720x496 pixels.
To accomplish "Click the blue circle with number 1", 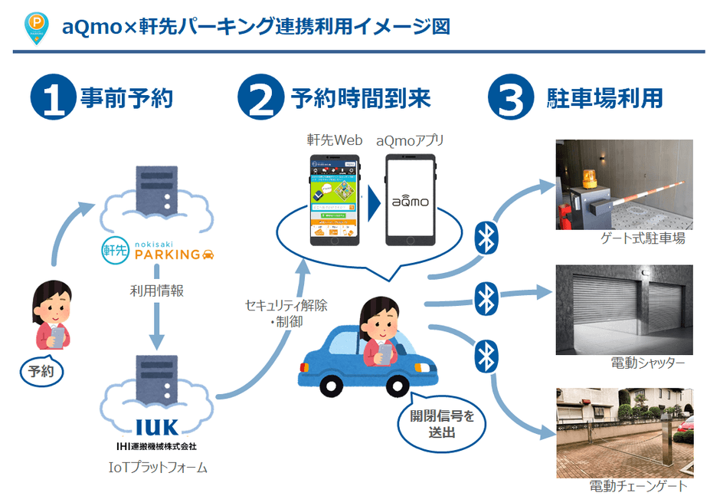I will tap(53, 98).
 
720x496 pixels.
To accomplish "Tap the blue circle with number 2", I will tap(260, 98).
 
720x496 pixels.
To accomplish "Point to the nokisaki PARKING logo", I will tap(158, 251).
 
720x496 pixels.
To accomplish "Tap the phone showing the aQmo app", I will tap(411, 200).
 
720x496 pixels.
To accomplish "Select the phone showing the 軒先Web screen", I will tap(335, 200).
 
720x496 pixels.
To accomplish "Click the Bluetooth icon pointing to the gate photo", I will tap(485, 237).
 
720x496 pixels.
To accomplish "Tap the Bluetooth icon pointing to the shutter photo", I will tap(485, 297).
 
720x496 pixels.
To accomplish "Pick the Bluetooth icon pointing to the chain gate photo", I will tap(485, 355).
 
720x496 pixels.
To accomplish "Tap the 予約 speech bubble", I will tap(41, 373).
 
